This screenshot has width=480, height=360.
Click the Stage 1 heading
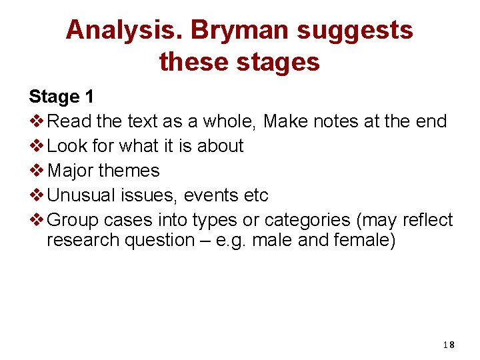tap(61, 97)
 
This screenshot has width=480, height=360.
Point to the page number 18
tap(448, 345)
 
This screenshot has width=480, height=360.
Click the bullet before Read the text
tap(37, 121)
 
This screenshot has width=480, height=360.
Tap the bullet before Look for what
tap(37, 146)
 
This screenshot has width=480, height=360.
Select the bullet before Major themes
tap(37, 171)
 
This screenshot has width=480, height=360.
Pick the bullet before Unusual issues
tap(37, 195)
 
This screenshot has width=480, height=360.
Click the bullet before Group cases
tap(37, 220)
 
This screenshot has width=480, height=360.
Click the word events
tap(211, 195)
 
